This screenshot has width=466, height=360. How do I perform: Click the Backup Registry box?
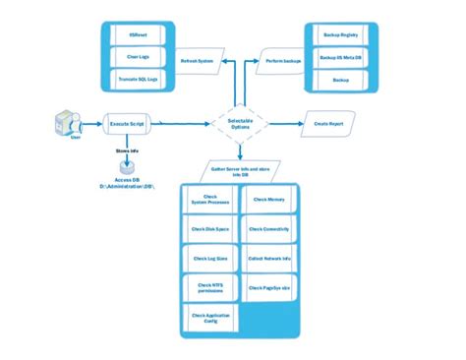pyautogui.click(x=340, y=34)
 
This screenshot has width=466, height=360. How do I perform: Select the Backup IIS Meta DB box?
pyautogui.click(x=340, y=56)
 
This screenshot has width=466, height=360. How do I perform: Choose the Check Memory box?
pyautogui.click(x=268, y=201)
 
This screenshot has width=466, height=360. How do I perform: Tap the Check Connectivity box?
pyautogui.click(x=268, y=229)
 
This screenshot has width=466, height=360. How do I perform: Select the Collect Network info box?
pyautogui.click(x=268, y=258)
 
